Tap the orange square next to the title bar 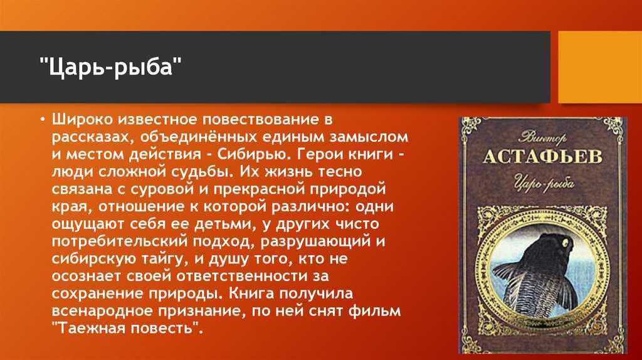(600, 67)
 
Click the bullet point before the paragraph (43, 120)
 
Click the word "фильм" (375, 311)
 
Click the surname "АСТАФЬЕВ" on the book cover (543, 157)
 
